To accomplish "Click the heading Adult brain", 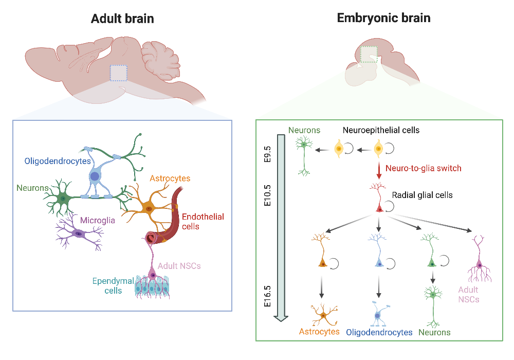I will click(x=122, y=19).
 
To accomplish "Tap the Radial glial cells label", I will click(x=422, y=195).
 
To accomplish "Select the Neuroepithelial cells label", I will click(x=381, y=131).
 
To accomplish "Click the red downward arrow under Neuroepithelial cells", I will click(x=379, y=170).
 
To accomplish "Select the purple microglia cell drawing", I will click(x=79, y=233).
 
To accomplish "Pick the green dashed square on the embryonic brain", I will click(x=369, y=54).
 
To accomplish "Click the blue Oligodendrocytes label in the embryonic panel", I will click(x=379, y=332).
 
